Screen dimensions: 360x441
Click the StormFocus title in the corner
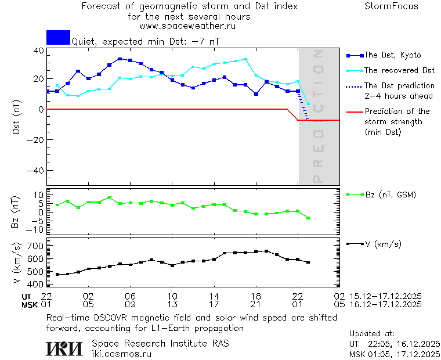click(x=391, y=6)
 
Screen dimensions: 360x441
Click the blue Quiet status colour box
click(x=58, y=38)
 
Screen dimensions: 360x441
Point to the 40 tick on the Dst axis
click(x=38, y=50)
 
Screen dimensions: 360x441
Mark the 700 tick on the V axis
click(x=35, y=246)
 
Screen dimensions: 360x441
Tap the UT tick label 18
click(x=255, y=296)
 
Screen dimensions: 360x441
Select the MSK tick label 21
click(x=255, y=304)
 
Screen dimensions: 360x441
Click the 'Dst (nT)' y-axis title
click(x=17, y=118)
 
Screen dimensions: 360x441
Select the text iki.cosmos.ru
click(x=122, y=354)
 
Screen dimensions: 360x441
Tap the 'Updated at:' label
click(x=372, y=334)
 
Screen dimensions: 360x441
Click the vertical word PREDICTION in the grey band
click(x=317, y=116)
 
